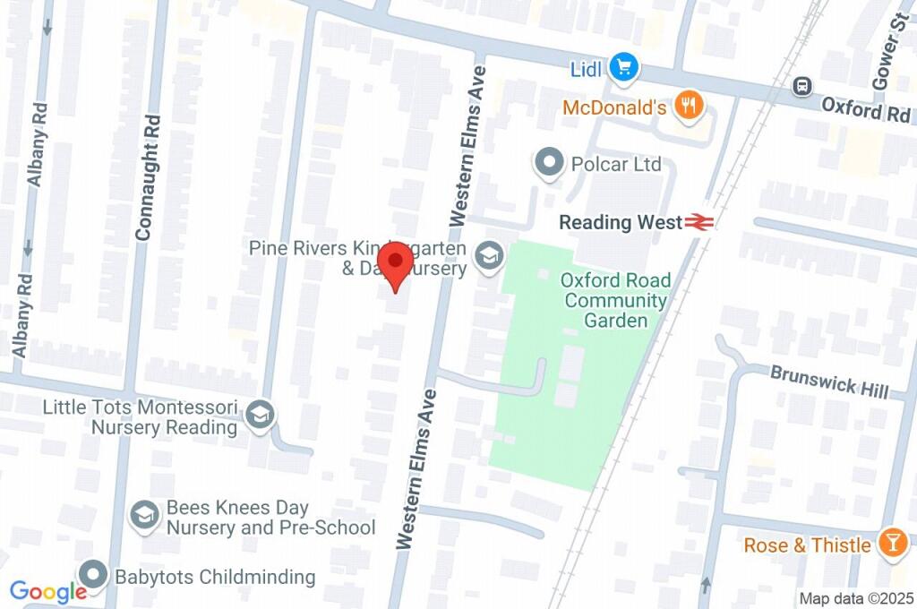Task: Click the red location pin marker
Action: [394, 264]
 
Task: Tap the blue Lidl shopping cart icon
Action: [623, 67]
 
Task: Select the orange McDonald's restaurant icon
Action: [689, 107]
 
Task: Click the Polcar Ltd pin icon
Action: [548, 163]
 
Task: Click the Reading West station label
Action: [620, 223]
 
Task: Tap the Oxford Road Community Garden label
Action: [615, 300]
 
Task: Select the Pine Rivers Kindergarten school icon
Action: [488, 257]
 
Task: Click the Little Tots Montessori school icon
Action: [261, 416]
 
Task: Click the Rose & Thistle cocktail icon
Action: [891, 544]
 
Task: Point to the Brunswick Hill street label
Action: [829, 381]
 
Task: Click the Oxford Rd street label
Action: [865, 110]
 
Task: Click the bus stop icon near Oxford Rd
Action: [801, 87]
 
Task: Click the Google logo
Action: [47, 591]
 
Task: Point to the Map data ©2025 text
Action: [855, 598]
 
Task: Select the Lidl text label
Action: [587, 68]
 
